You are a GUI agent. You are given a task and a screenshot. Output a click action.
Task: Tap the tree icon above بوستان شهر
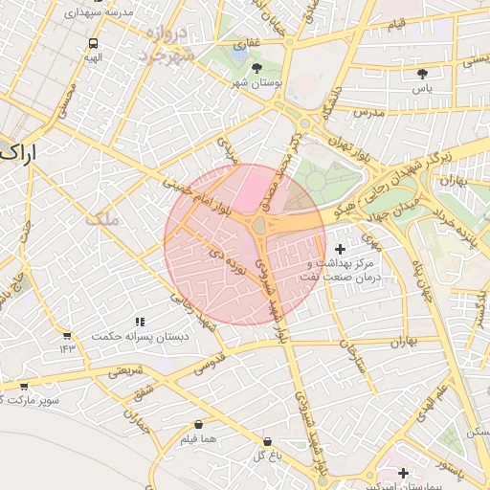click(x=257, y=67)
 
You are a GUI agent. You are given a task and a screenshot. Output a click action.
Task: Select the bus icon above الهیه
click(x=93, y=43)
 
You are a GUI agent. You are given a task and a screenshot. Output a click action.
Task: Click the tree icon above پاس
click(x=422, y=73)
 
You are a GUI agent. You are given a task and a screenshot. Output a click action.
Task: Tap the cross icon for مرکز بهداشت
click(x=340, y=249)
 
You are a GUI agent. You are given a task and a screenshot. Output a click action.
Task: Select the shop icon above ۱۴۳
click(x=67, y=336)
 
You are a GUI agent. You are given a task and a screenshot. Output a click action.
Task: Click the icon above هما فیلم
click(x=198, y=424)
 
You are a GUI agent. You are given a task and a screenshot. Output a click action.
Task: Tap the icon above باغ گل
click(x=268, y=442)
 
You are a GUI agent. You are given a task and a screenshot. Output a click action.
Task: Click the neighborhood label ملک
click(x=101, y=219)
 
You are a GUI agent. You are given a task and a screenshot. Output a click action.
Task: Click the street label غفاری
click(x=244, y=43)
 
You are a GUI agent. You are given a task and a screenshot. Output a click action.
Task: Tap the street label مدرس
click(x=367, y=113)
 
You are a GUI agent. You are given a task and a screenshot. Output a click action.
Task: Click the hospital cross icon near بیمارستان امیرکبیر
click(x=403, y=473)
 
